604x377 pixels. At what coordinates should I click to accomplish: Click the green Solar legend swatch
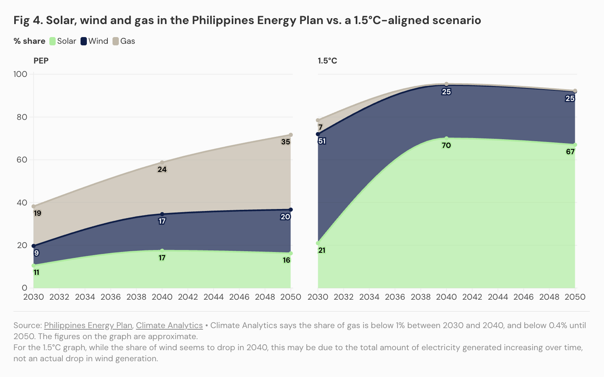(x=53, y=41)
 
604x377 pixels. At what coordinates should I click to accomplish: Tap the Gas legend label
(x=128, y=41)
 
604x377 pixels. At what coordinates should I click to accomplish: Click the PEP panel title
(x=41, y=61)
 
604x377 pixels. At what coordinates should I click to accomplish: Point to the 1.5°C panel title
(x=327, y=61)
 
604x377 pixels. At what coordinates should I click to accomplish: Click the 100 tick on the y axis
(x=20, y=74)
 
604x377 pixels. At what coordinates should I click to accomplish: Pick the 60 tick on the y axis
(x=22, y=160)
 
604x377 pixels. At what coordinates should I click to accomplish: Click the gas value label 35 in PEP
(x=285, y=142)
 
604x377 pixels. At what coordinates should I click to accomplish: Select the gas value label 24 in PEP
(x=162, y=169)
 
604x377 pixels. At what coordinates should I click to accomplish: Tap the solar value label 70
(x=446, y=145)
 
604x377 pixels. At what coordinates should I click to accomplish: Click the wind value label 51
(x=322, y=141)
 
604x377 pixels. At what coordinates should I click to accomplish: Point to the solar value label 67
(x=570, y=151)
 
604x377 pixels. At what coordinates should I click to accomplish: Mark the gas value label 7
(x=321, y=127)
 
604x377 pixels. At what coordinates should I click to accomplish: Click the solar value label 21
(x=322, y=250)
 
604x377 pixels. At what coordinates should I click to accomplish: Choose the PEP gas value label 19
(x=38, y=213)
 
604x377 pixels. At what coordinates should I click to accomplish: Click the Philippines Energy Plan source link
(x=88, y=325)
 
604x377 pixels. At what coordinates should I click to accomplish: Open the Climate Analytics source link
(x=169, y=325)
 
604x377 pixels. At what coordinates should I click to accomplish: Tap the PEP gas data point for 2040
(x=162, y=162)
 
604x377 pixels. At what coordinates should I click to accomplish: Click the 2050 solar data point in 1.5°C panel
(x=575, y=145)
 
